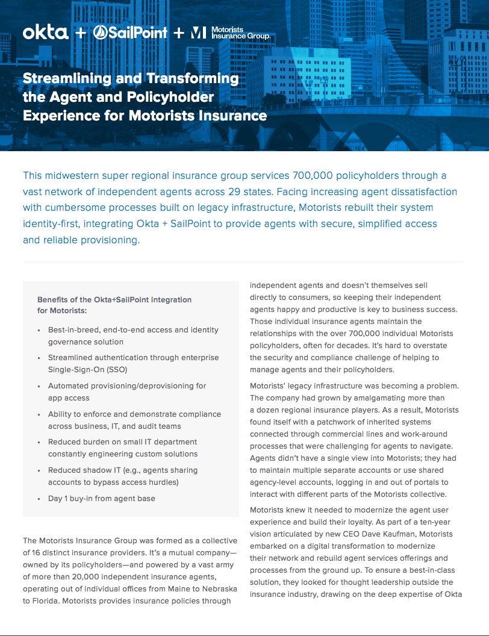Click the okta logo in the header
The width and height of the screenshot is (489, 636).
click(x=46, y=33)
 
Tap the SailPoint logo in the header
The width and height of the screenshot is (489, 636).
click(x=130, y=33)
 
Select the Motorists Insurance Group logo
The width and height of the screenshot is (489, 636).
click(x=230, y=33)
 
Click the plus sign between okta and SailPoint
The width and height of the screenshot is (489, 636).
click(x=80, y=33)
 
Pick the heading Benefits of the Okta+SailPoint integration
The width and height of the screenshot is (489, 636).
click(x=114, y=299)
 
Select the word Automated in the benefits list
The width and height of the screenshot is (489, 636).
click(x=70, y=386)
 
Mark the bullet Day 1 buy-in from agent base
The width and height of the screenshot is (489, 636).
click(x=101, y=499)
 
